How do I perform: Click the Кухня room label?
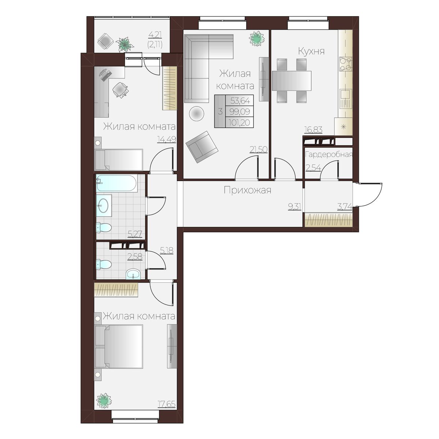311,51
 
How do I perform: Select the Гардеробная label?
329,155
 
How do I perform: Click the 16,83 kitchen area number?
314,130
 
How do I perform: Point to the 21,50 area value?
258,149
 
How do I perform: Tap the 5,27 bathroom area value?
135,234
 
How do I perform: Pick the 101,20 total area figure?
239,123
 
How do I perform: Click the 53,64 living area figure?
240,101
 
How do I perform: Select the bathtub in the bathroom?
116,183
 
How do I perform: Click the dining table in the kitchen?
292,80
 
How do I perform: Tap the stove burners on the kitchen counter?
346,64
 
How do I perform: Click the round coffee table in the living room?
196,113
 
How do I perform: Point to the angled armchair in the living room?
202,147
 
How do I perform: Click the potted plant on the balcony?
125,44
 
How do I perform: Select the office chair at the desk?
120,90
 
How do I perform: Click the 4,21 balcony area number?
155,35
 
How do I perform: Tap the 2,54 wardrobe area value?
313,168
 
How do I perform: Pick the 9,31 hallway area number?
295,206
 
